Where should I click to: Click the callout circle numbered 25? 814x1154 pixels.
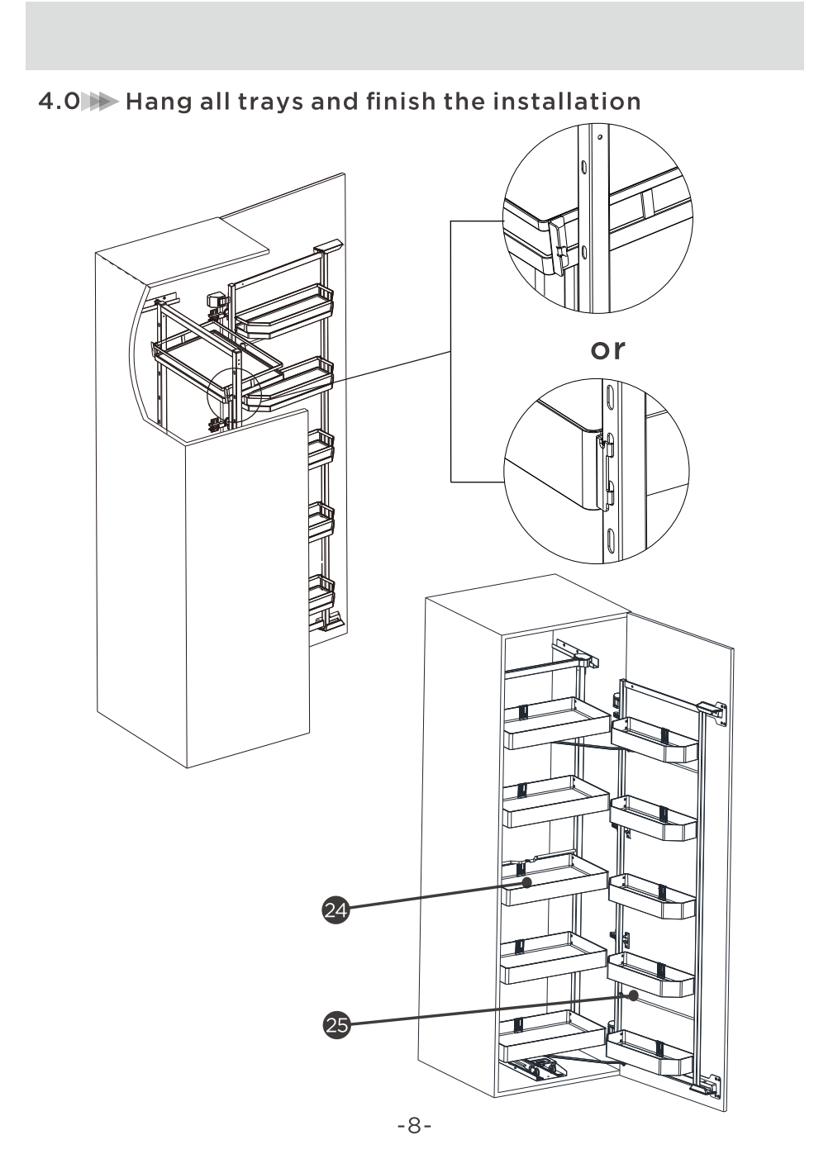click(336, 1025)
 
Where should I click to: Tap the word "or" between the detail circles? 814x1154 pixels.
click(607, 349)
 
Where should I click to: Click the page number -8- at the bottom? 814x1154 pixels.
click(414, 1125)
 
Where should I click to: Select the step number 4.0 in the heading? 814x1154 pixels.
click(59, 102)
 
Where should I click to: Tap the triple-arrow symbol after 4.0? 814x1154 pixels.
click(102, 102)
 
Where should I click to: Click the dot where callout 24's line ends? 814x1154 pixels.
click(526, 883)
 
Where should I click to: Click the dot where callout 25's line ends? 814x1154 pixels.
click(633, 995)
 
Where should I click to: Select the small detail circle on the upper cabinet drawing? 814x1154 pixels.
click(234, 395)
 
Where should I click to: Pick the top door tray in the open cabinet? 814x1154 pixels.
click(655, 739)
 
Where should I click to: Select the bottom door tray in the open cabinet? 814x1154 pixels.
click(650, 1051)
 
